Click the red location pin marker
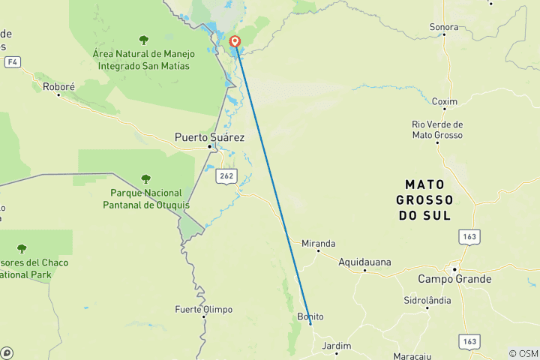coord(235,42)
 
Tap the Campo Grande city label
coord(454,279)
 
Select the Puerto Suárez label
coord(209,137)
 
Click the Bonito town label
coord(310,316)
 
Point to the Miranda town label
coord(318,243)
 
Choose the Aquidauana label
coord(364,262)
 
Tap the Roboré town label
coord(59,87)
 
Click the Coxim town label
coord(445,101)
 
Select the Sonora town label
coord(444,27)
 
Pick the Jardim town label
coord(336,346)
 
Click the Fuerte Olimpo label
coord(203,309)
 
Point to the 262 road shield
coord(226,176)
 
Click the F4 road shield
coord(11,61)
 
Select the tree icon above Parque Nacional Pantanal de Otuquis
coord(145,178)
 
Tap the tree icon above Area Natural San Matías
coord(143,39)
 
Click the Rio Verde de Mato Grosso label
coord(437,130)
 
